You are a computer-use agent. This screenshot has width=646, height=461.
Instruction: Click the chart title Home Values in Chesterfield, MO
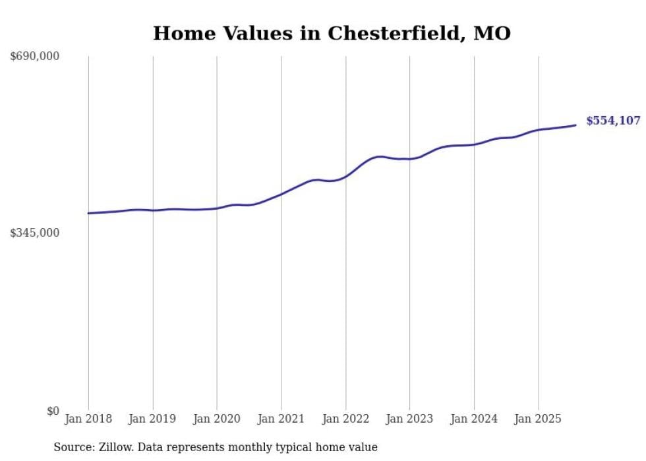tap(332, 34)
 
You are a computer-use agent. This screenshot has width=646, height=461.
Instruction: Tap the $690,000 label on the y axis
tap(35, 57)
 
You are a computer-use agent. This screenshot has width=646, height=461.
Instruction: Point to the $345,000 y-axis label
tap(35, 233)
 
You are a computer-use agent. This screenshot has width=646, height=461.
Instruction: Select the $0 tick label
tap(53, 411)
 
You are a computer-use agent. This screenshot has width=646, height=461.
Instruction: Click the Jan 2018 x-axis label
tap(88, 419)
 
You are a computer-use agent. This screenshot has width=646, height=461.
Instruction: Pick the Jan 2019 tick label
tap(153, 419)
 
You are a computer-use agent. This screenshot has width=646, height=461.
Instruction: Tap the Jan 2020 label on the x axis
tap(217, 419)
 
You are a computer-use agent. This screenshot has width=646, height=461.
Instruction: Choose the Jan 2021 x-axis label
tap(281, 419)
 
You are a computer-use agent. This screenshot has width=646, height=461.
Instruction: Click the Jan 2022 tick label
tap(345, 419)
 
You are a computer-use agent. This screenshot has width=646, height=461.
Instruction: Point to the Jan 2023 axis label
tap(409, 419)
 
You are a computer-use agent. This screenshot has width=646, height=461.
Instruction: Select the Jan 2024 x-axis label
tap(474, 419)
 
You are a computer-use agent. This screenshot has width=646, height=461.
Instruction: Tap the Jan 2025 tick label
tap(539, 419)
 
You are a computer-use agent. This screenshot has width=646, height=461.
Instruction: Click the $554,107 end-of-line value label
tap(613, 121)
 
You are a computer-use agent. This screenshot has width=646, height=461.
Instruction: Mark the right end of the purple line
tap(576, 125)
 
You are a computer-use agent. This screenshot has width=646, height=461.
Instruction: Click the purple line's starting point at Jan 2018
tap(88, 213)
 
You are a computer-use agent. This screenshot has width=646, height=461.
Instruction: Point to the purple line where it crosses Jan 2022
tap(345, 176)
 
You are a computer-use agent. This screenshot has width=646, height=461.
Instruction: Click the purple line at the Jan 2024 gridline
tap(474, 144)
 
